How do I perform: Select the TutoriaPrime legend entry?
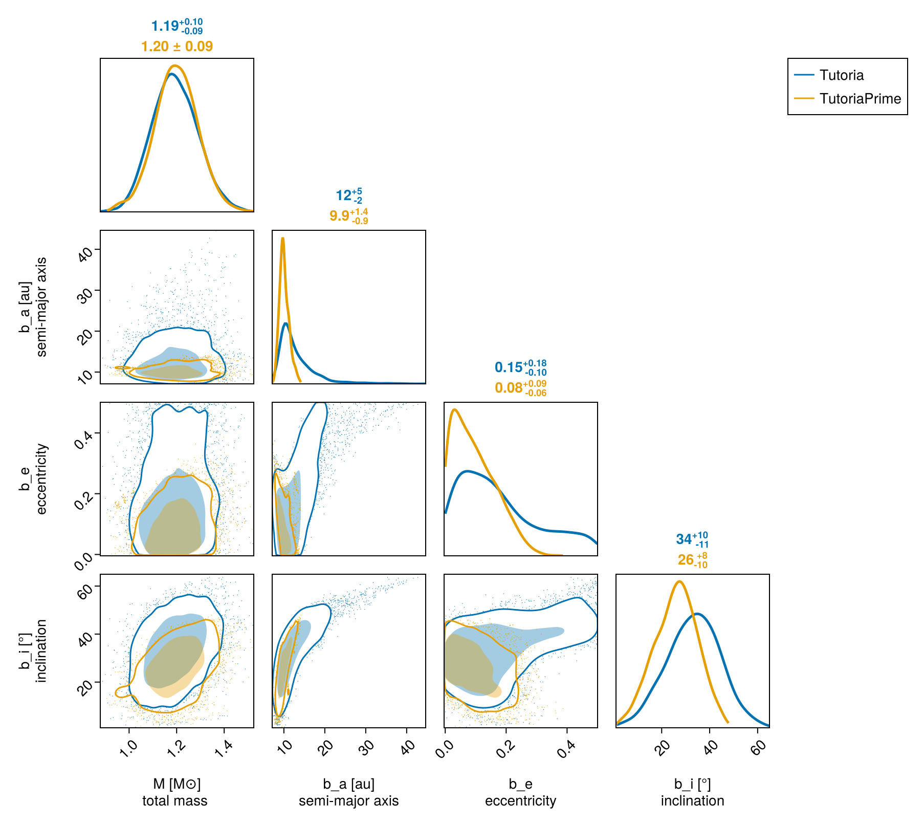[847, 98]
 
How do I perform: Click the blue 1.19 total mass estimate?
[177, 26]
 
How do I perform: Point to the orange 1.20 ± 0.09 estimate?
[177, 47]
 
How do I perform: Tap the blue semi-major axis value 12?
[349, 196]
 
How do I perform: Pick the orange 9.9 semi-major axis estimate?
[349, 216]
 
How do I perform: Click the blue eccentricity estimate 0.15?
[521, 367]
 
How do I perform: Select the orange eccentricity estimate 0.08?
[521, 388]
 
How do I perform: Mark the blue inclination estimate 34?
[692, 539]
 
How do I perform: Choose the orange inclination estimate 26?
[693, 560]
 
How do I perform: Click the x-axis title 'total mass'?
[175, 801]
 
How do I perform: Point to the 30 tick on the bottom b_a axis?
[366, 746]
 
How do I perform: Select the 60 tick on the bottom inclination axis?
[759, 746]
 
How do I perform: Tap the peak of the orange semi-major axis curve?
[282, 238]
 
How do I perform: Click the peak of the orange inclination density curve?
[679, 581]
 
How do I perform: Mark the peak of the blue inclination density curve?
[697, 614]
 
